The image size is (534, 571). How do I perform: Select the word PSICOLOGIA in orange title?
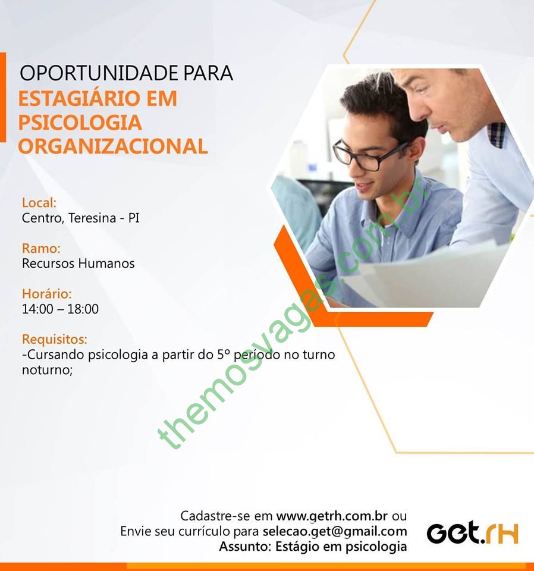pyautogui.click(x=80, y=123)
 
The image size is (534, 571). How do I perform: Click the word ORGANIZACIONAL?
pyautogui.click(x=113, y=146)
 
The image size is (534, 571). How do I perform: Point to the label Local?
pyautogui.click(x=39, y=202)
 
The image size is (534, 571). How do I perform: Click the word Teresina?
pyautogui.click(x=92, y=218)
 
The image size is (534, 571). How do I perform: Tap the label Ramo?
pyautogui.click(x=41, y=249)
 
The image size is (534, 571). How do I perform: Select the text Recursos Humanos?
pyautogui.click(x=78, y=263)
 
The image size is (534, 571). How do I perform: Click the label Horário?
pyautogui.click(x=47, y=293)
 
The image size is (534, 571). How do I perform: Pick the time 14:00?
pyautogui.click(x=37, y=309)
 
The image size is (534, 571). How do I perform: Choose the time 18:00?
pyautogui.click(x=83, y=309)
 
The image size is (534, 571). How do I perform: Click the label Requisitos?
pyautogui.click(x=55, y=340)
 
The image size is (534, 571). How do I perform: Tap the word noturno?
pyautogui.click(x=48, y=370)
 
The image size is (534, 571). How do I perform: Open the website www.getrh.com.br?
pyautogui.click(x=332, y=516)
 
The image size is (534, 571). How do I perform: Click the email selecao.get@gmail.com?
pyautogui.click(x=335, y=531)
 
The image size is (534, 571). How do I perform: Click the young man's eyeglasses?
pyautogui.click(x=367, y=155)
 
